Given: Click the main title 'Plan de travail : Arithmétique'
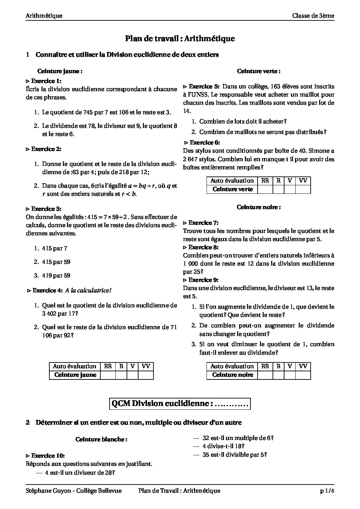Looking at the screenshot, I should pyautogui.click(x=180, y=39).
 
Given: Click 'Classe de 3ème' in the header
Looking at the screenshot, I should pyautogui.click(x=313, y=16).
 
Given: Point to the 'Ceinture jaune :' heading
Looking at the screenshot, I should pyautogui.click(x=60, y=71).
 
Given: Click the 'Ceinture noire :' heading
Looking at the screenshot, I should pyautogui.click(x=259, y=207).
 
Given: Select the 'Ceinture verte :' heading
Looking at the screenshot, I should pyautogui.click(x=259, y=71).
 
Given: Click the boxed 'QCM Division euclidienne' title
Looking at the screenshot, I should pyautogui.click(x=180, y=404).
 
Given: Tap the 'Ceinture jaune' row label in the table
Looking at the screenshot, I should pyautogui.click(x=75, y=375).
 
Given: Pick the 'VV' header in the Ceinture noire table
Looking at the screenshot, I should pyautogui.click(x=303, y=366).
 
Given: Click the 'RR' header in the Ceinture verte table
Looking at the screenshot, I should pyautogui.click(x=265, y=181).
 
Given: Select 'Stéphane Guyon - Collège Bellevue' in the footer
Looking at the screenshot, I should pyautogui.click(x=73, y=491).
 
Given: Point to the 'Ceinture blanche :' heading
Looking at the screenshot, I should pyautogui.click(x=101, y=439).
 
